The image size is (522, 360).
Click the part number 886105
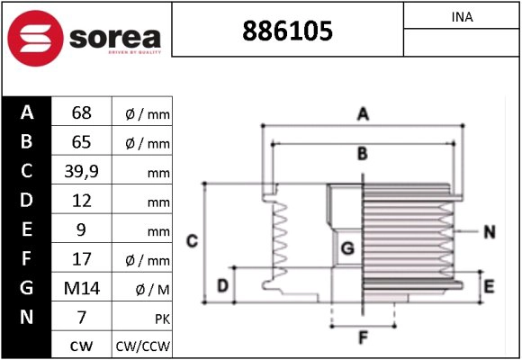coord(287,31)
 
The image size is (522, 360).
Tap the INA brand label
coord(462,17)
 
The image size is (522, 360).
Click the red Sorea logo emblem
coord(32,38)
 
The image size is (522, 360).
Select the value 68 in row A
coord(81,113)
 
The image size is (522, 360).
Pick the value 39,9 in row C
coord(81,171)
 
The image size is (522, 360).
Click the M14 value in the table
coord(81,288)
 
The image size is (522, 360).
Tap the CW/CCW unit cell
coord(142,346)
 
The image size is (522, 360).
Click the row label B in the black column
coord(26,142)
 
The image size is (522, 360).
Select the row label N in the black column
coord(26,317)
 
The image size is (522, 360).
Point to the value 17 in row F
coord(81,259)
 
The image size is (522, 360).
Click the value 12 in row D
coord(81,201)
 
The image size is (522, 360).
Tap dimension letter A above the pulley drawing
coord(363,114)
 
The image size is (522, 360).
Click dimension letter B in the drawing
coord(362,154)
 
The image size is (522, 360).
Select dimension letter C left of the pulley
coord(192,240)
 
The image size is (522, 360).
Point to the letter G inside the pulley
coord(346,247)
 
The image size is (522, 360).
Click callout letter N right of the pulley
coord(489,232)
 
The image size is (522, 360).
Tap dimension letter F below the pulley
coord(363,338)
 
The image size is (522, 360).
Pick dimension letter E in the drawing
coord(489,287)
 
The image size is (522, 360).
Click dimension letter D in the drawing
coord(221,287)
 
